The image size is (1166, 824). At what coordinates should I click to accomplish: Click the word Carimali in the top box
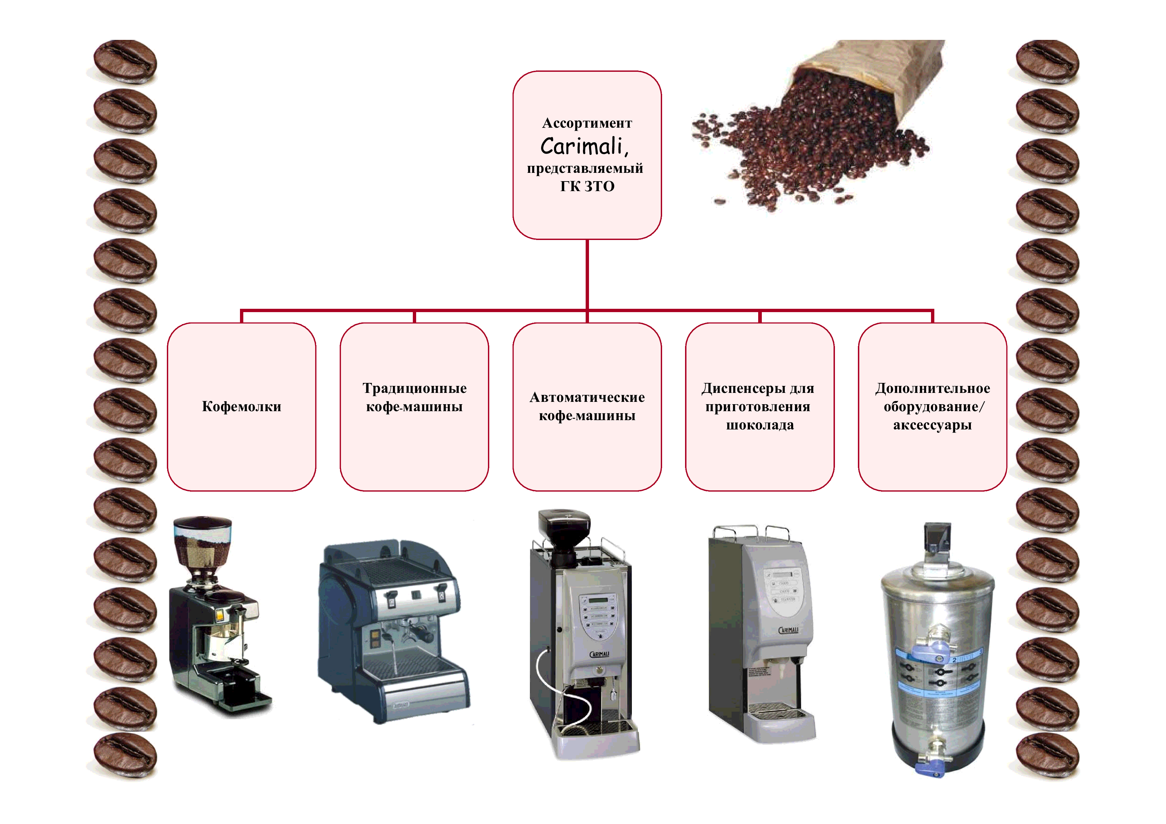click(581, 147)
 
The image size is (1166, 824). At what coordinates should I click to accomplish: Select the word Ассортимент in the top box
click(587, 123)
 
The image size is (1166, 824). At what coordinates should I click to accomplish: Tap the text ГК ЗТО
click(587, 186)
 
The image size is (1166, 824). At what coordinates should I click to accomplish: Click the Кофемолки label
click(241, 407)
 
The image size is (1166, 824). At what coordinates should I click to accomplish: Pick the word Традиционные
click(414, 388)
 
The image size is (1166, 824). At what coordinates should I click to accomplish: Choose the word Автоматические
click(587, 398)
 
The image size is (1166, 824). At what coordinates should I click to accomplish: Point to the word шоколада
click(760, 425)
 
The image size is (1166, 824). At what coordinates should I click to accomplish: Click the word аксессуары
click(932, 425)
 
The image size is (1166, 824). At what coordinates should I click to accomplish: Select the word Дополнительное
click(932, 388)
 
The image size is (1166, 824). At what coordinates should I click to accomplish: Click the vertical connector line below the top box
click(587, 274)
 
